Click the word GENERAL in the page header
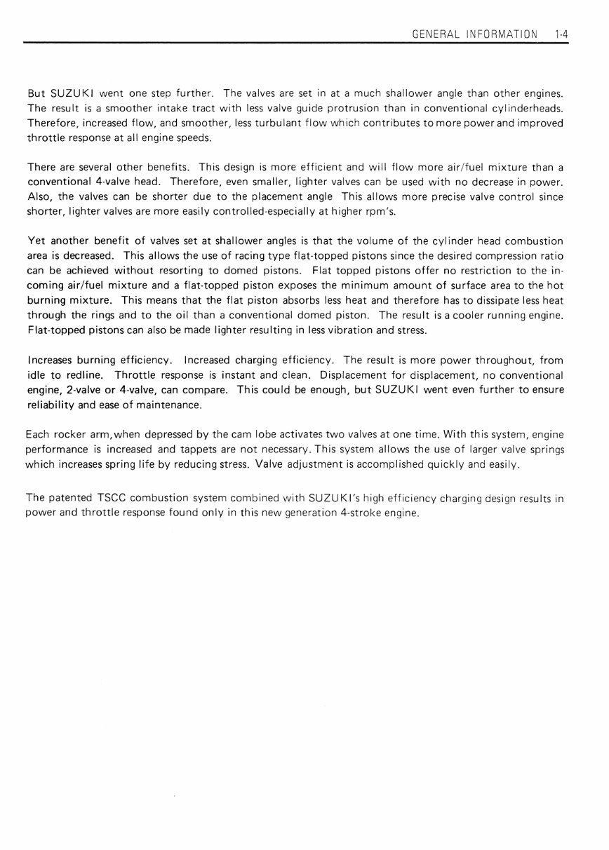(436, 34)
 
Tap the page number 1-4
(561, 34)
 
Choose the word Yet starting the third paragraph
(36, 241)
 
